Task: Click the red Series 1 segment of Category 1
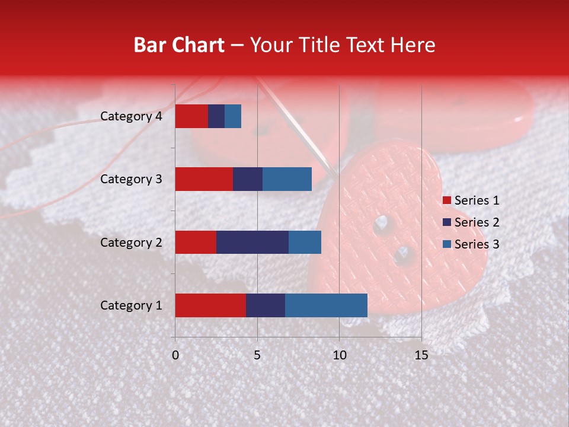point(210,305)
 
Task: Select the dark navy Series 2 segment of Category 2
point(252,242)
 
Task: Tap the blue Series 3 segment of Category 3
point(287,179)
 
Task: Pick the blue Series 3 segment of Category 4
point(233,116)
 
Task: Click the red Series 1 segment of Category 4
point(191,116)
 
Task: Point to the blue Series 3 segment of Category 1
point(326,305)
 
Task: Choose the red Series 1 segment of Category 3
point(204,179)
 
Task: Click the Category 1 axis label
point(131,305)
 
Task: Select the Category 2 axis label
point(131,242)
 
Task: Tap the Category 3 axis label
point(131,179)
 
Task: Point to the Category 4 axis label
point(131,116)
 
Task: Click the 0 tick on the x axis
point(175,355)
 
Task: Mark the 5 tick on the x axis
point(257,355)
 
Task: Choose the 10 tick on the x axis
point(339,355)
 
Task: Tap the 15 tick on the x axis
point(421,355)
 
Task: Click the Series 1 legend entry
point(471,200)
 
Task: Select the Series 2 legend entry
point(471,222)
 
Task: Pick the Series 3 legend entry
point(471,244)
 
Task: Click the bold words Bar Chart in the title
point(179,44)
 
